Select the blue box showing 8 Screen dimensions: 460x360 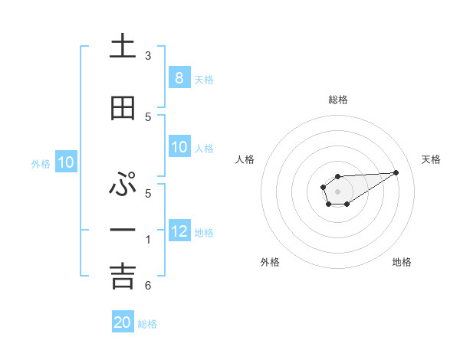[179, 78]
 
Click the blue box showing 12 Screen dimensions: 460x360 [179, 232]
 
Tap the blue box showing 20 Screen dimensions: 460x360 [123, 322]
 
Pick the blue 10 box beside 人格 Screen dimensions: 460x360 [179, 148]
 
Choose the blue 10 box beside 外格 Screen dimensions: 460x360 [65, 162]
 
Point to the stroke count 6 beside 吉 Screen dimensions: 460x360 [148, 286]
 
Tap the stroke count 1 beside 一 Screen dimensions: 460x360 [148, 240]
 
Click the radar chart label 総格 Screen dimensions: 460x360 [337, 100]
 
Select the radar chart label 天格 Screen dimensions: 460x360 [431, 159]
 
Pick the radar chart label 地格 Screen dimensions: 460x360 [402, 262]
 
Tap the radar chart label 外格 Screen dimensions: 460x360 [270, 262]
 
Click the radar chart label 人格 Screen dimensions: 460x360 [245, 159]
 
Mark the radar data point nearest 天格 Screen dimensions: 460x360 [396, 172]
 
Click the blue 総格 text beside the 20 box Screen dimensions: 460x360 [147, 324]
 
